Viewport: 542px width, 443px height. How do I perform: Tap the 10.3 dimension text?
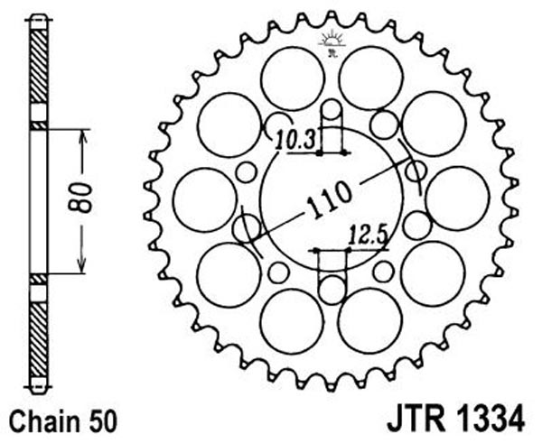[295, 140]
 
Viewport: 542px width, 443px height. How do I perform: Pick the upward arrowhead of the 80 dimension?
[82, 137]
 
